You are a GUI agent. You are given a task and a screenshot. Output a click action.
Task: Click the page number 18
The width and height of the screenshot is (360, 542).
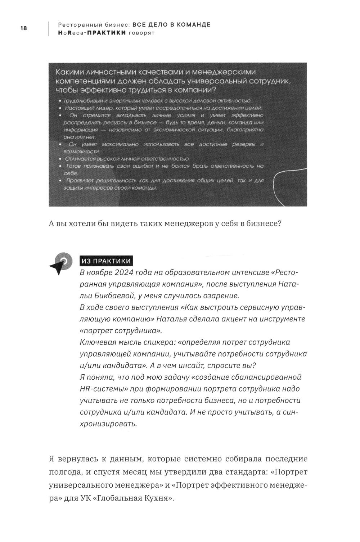[x=23, y=28]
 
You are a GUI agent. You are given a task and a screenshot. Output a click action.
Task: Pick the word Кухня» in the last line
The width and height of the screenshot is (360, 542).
[x=159, y=498]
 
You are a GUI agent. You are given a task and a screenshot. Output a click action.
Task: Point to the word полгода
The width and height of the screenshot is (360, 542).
[x=63, y=472]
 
